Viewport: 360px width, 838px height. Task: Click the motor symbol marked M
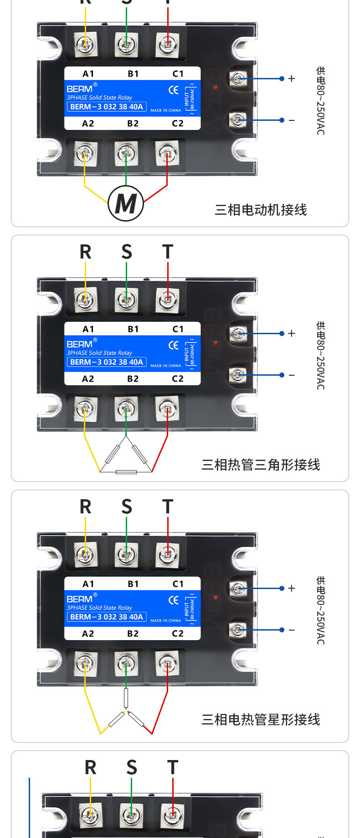click(x=126, y=203)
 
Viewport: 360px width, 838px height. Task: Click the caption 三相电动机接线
click(x=261, y=210)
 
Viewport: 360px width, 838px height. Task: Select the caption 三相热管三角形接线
click(x=261, y=465)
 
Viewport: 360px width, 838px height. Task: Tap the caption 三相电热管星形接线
click(x=261, y=719)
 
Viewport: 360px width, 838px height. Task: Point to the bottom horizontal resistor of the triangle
click(x=126, y=472)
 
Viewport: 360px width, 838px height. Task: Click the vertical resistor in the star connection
click(x=126, y=698)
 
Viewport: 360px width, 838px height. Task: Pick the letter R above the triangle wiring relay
click(x=86, y=252)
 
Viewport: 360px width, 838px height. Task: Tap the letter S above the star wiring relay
click(x=127, y=507)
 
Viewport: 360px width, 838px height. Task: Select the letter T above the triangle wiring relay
click(x=168, y=252)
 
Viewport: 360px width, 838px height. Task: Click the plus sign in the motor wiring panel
click(x=292, y=78)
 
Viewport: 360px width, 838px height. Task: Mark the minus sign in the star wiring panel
click(x=292, y=630)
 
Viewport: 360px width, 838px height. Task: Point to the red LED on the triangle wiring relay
click(x=216, y=342)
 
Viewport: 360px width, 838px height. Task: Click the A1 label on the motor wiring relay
click(x=88, y=74)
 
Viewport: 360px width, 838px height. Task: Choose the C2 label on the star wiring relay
click(x=178, y=634)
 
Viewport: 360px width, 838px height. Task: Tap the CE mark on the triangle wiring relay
click(x=174, y=345)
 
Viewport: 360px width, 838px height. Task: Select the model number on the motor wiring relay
click(x=107, y=107)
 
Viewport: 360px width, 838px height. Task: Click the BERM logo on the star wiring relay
click(x=80, y=599)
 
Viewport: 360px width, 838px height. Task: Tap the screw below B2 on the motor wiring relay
click(x=126, y=154)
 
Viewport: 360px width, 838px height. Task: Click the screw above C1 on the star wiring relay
click(x=168, y=554)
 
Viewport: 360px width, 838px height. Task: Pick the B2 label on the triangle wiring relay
click(x=133, y=379)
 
